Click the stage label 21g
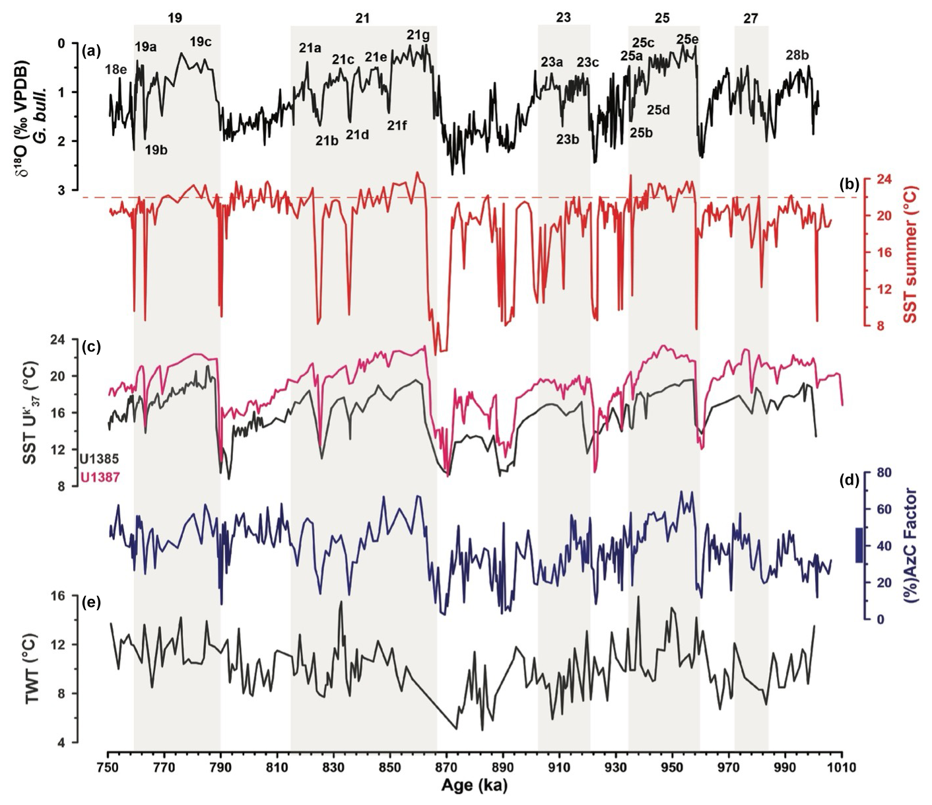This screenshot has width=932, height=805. [x=418, y=35]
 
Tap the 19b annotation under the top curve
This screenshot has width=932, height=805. [x=156, y=149]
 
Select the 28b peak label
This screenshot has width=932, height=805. [x=797, y=55]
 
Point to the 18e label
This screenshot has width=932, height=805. [x=116, y=69]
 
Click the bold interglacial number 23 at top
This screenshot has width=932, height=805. [x=563, y=18]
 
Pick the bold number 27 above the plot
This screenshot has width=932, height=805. [x=750, y=18]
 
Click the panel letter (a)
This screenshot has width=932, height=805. [x=91, y=49]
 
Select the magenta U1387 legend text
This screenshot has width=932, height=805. [x=100, y=477]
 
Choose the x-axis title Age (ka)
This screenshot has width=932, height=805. [x=475, y=787]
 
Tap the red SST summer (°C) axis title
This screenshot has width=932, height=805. [x=912, y=253]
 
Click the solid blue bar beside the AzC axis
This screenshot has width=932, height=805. [x=859, y=545]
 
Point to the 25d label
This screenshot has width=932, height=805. [x=658, y=110]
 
